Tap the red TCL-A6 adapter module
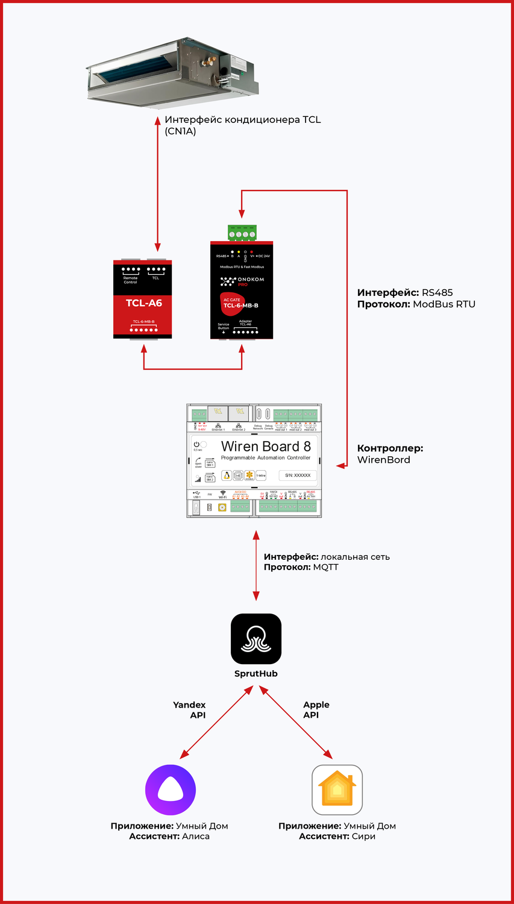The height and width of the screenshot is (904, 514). [x=143, y=300]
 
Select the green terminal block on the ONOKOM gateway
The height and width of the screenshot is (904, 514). [x=242, y=233]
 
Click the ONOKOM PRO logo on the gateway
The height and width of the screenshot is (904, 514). [x=242, y=281]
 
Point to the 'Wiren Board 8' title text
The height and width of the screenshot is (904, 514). [x=266, y=447]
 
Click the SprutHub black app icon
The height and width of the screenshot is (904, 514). [x=256, y=639]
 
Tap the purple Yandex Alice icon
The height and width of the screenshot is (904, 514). [x=171, y=789]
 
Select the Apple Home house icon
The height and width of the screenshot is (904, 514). [x=337, y=789]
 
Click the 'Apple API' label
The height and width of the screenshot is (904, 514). [x=316, y=710]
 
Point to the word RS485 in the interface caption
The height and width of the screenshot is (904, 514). [x=437, y=293]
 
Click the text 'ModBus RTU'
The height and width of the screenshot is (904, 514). [x=444, y=304]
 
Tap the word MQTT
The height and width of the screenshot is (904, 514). [x=326, y=568]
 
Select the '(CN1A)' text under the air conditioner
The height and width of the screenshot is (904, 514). [x=180, y=131]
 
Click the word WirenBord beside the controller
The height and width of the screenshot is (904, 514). [x=384, y=460]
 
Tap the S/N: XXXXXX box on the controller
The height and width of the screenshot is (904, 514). [x=298, y=476]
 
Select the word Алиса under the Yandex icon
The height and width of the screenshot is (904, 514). [x=195, y=837]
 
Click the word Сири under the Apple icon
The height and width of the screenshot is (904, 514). [x=363, y=837]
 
